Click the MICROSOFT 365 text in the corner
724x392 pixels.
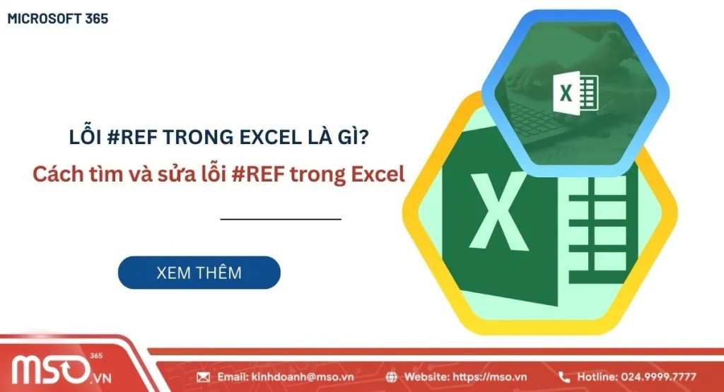click(58, 19)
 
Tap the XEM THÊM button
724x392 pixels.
click(199, 273)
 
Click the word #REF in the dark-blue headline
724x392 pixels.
click(129, 138)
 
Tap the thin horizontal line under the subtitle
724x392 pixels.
click(281, 219)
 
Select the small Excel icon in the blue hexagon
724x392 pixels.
click(575, 93)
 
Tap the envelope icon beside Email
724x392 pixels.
click(204, 377)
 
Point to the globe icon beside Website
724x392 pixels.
click(392, 377)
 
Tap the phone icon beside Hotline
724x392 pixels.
click(564, 377)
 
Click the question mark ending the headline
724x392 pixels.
click(362, 138)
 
